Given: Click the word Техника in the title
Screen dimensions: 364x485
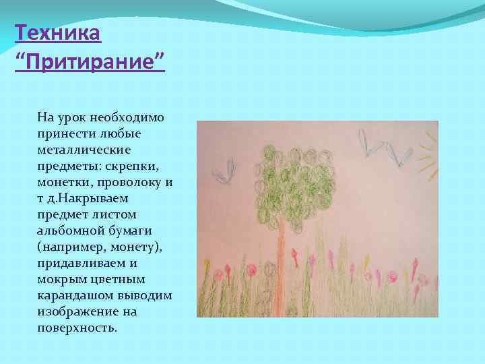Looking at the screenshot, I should coord(57,32).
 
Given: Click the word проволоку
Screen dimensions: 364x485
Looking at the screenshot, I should coord(132,182).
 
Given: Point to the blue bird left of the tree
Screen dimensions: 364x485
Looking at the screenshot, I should coord(225,171).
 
